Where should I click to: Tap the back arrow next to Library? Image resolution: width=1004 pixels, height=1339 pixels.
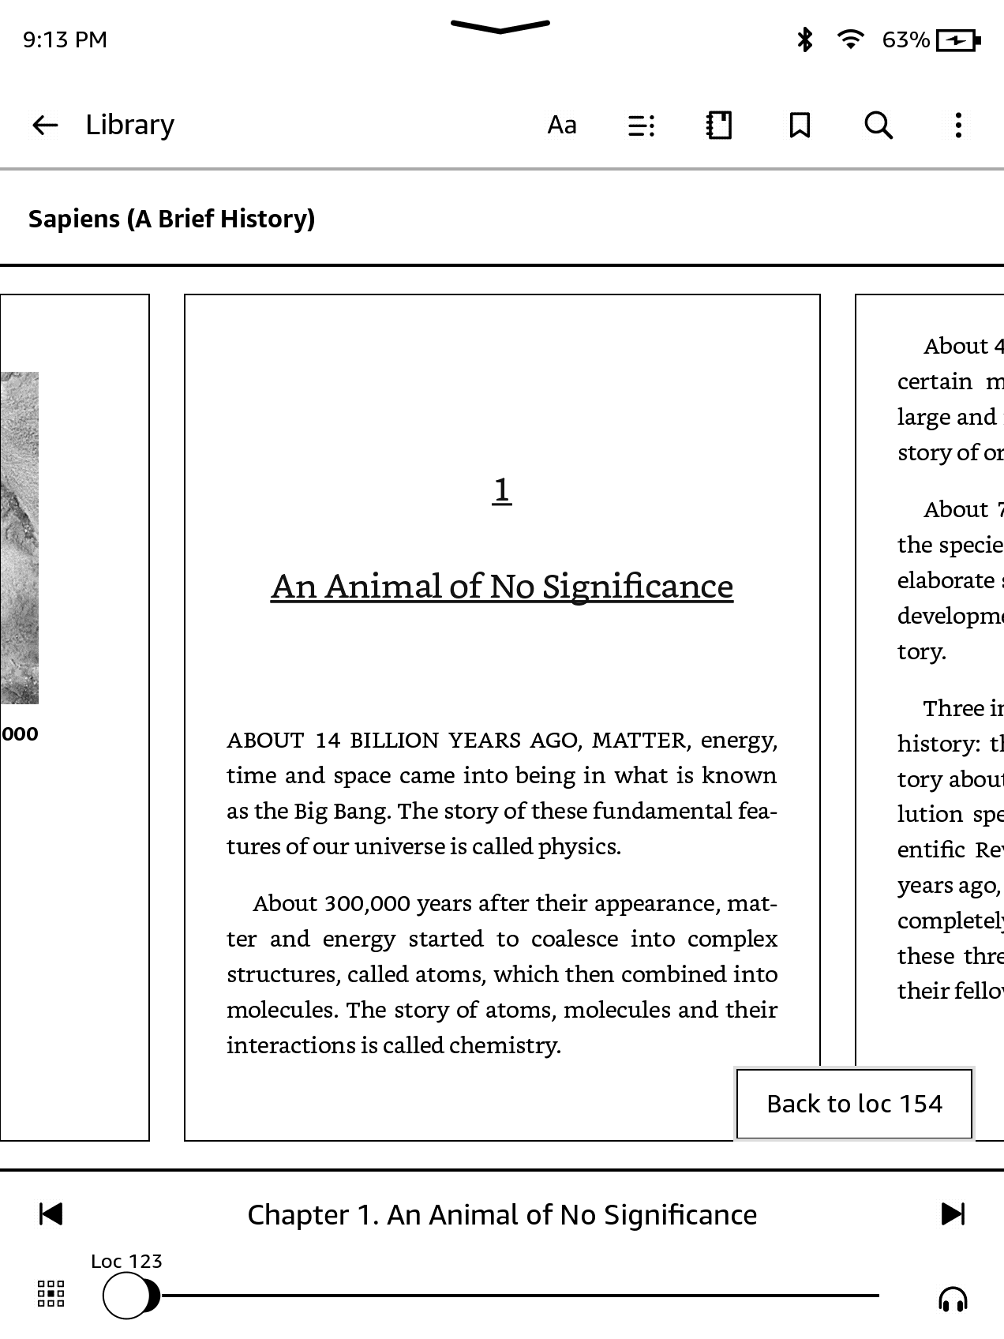coord(45,125)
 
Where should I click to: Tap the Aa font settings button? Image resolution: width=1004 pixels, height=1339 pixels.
coord(562,125)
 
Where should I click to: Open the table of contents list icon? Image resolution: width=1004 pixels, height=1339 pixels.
coord(641,125)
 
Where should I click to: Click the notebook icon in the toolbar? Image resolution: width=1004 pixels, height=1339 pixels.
coord(719,125)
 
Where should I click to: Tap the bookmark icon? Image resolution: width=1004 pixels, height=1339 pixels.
coord(800,125)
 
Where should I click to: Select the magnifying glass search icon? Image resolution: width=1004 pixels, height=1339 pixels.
coord(878,125)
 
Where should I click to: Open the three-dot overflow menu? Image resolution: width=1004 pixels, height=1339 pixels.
coord(958,125)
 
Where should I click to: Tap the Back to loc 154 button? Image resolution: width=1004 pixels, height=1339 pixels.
coord(854,1103)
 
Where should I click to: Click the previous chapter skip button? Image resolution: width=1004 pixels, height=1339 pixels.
coord(51,1213)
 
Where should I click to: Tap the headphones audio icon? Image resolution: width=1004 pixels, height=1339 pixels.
coord(953,1298)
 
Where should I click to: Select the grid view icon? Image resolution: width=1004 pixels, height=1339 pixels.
coord(51,1294)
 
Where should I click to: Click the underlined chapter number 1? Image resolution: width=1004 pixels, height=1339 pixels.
coord(501,490)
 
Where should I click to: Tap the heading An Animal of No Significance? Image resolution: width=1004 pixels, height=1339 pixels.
coord(502,587)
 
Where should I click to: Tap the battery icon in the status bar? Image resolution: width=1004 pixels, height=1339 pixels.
coord(957,40)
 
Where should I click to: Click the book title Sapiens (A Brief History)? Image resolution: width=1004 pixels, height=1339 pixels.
coord(171,219)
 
